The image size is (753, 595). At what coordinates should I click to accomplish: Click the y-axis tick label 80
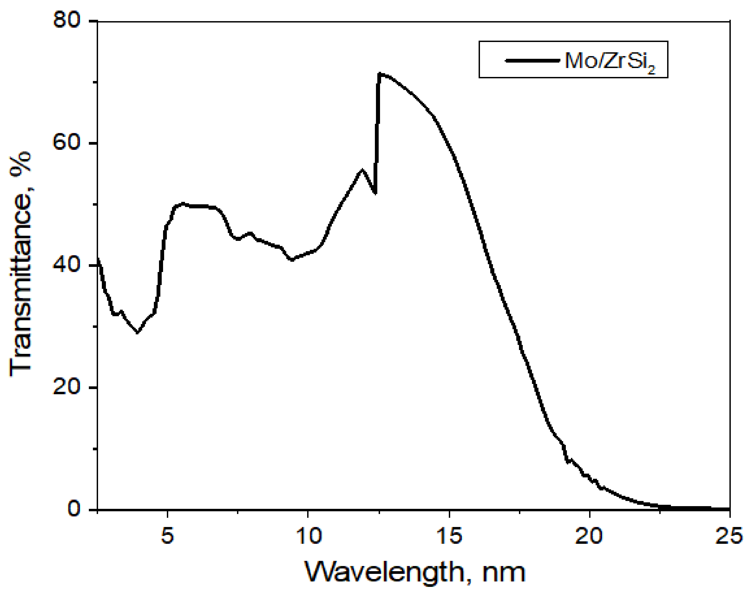point(67,21)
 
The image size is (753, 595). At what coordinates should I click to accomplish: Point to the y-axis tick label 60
point(67,143)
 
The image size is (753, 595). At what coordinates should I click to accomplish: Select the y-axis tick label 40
point(67,266)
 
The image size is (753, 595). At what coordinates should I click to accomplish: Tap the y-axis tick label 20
point(67,387)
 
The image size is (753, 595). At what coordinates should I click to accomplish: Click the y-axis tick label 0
point(74,509)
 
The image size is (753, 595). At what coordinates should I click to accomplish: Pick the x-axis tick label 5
point(167,536)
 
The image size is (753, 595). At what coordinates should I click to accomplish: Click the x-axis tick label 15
point(449,536)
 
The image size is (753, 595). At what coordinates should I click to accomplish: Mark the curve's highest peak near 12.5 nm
point(380,74)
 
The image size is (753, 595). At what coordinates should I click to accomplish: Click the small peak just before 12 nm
point(362,170)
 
